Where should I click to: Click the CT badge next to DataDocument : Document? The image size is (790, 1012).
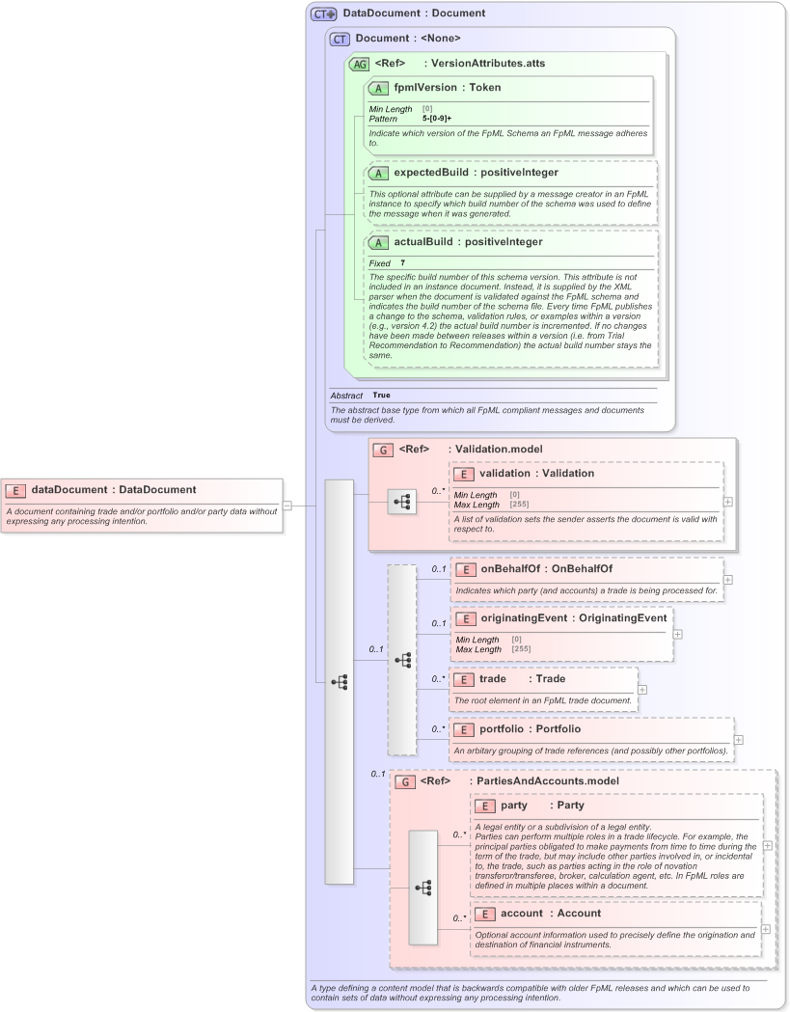point(323,14)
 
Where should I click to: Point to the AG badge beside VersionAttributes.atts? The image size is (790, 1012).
point(359,63)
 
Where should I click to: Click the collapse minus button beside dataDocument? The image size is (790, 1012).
point(287,505)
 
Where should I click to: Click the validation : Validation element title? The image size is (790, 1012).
point(536,474)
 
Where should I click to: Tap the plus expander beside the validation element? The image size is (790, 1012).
point(727,502)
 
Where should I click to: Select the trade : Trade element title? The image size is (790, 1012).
point(522,679)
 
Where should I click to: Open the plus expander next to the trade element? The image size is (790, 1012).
point(642,690)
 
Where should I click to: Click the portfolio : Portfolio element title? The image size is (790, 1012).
point(530,729)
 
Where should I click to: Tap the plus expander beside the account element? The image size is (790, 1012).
point(765,929)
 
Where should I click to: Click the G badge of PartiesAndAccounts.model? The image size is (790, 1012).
point(406,781)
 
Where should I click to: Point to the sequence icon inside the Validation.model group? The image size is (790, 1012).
point(402,502)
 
